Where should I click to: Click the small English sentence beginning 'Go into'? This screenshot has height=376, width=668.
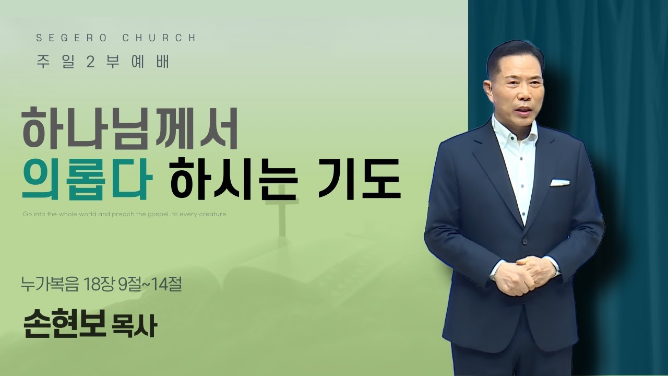[x=126, y=214]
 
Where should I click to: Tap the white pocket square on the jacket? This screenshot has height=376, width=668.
[x=559, y=182]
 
